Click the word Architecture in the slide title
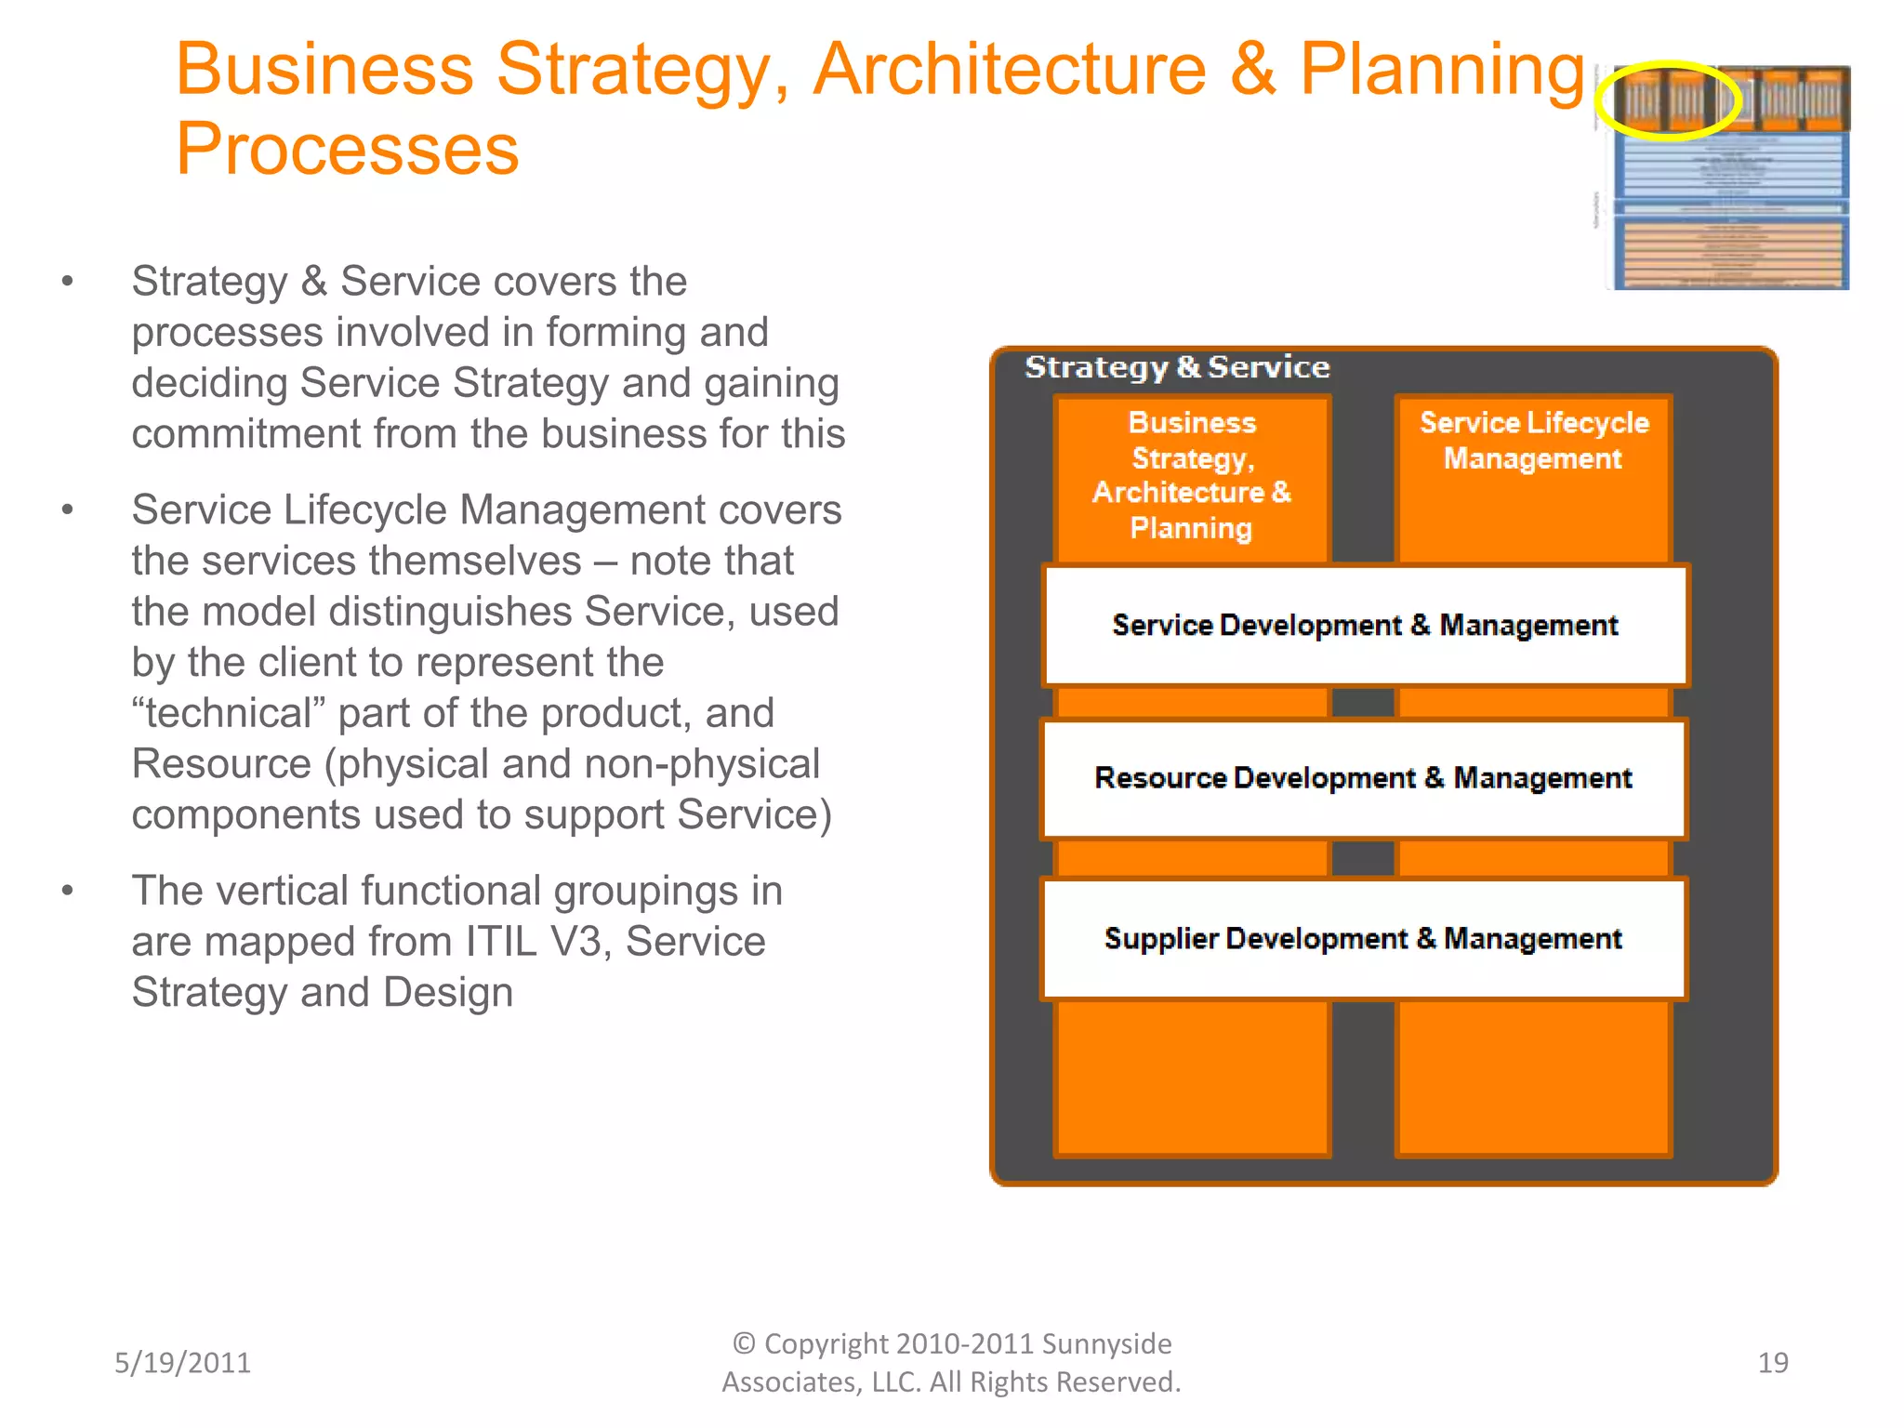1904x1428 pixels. tap(1009, 70)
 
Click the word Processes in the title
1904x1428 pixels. tap(347, 150)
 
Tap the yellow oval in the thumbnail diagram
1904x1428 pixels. tap(1668, 100)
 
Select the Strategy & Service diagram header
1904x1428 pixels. tap(1177, 367)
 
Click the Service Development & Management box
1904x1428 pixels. tap(1365, 626)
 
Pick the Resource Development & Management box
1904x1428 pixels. tap(1363, 778)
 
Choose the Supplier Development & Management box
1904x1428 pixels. tap(1363, 939)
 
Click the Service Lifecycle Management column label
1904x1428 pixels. tap(1534, 441)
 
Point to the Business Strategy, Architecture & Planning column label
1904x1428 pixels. tap(1192, 475)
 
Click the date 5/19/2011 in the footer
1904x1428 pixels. tap(182, 1363)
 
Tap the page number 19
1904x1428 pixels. tap(1772, 1363)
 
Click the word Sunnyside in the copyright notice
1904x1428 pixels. tap(1106, 1344)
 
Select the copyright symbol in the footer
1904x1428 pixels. tap(744, 1344)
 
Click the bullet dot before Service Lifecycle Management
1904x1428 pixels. tap(67, 510)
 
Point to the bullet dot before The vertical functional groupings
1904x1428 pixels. tap(67, 891)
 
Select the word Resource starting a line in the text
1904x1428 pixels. tap(221, 764)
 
